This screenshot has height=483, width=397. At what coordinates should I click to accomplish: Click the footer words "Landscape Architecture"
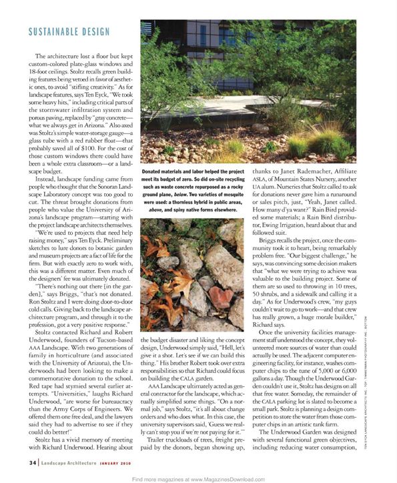(x=70, y=462)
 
